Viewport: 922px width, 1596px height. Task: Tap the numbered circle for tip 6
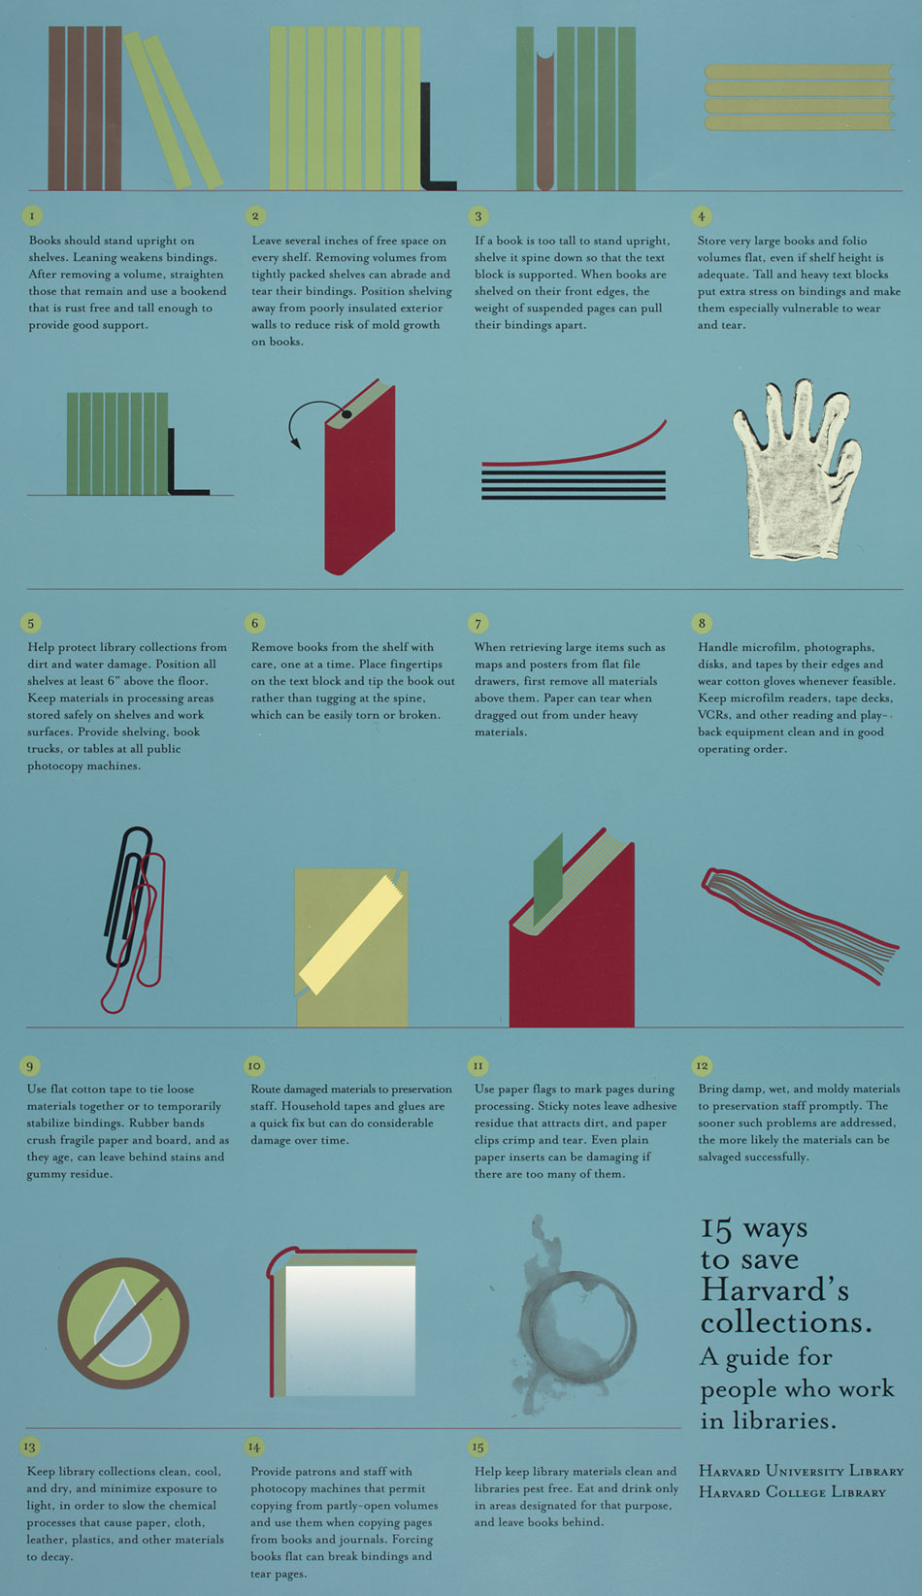click(x=255, y=623)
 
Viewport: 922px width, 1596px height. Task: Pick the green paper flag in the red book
click(x=548, y=878)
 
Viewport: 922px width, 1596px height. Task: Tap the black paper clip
click(x=127, y=897)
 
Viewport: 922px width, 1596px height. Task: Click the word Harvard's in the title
click(x=774, y=1290)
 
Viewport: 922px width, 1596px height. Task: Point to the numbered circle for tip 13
click(x=30, y=1447)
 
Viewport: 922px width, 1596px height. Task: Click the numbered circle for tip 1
click(x=32, y=215)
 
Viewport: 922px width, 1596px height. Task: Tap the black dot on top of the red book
click(x=346, y=414)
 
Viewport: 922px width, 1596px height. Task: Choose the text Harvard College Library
click(x=792, y=1492)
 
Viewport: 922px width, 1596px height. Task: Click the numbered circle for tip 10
click(x=254, y=1065)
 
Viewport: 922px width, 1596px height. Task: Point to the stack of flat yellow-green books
click(x=798, y=97)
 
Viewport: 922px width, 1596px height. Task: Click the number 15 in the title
click(x=716, y=1229)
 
